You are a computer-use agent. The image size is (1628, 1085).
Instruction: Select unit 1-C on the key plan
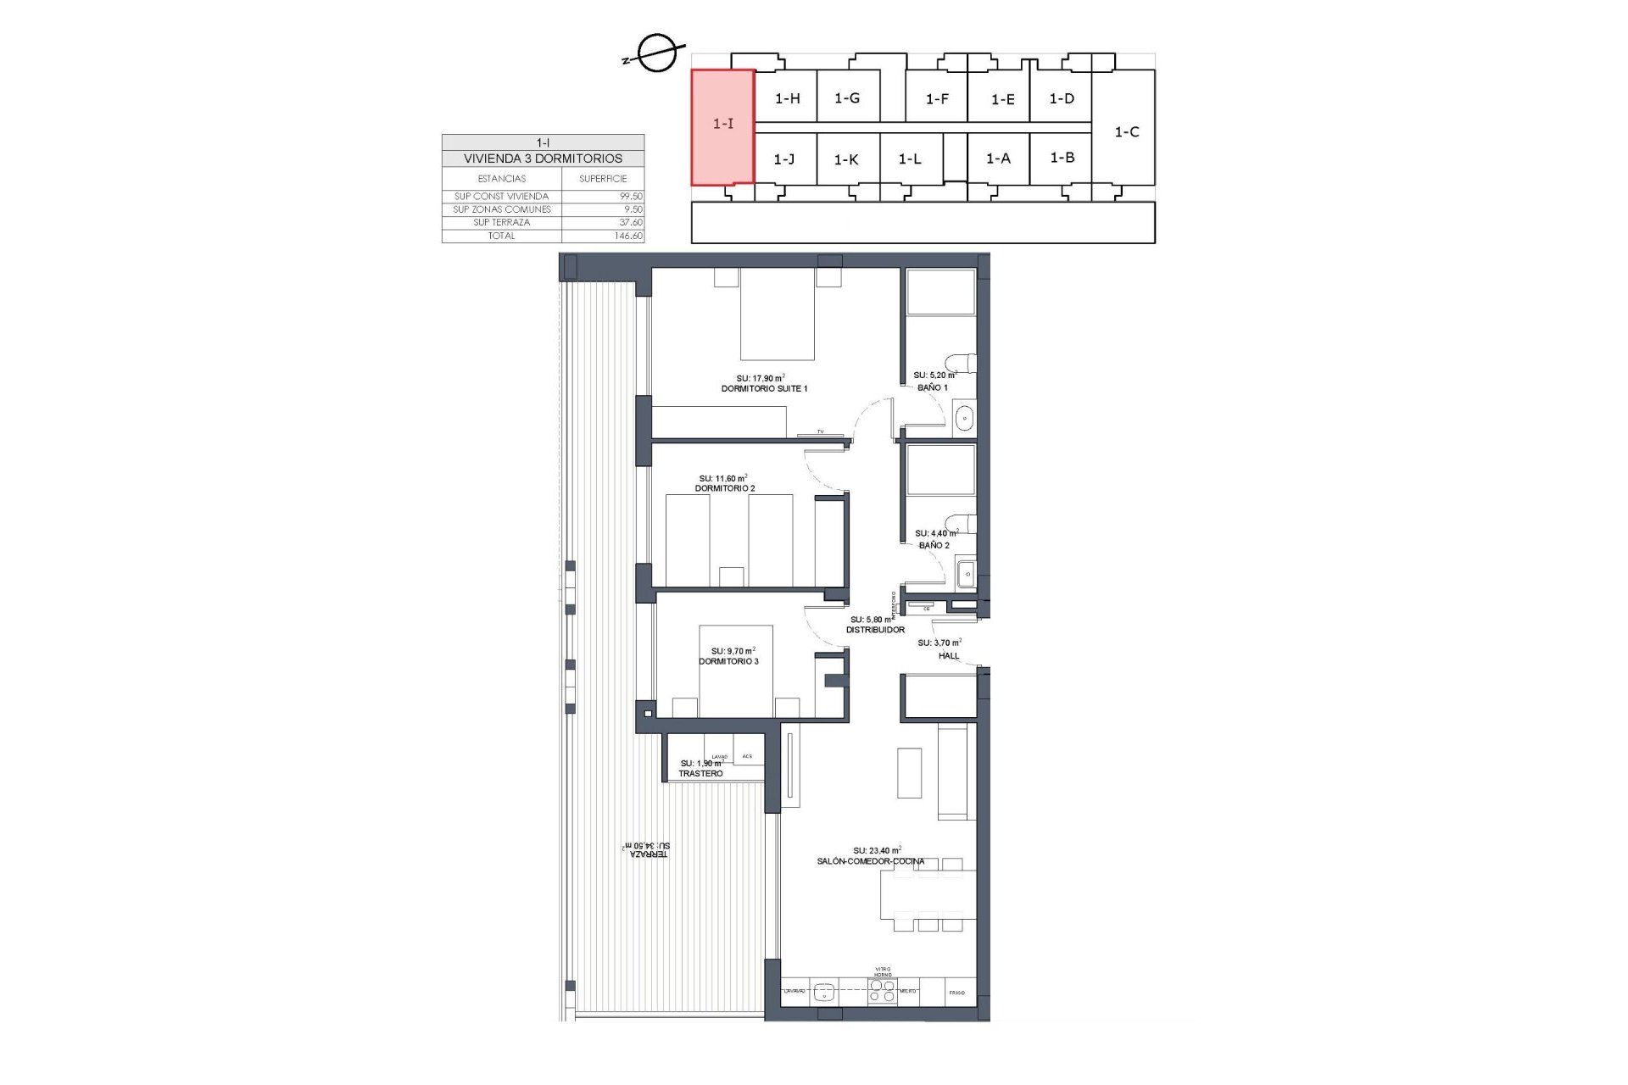coord(1126,131)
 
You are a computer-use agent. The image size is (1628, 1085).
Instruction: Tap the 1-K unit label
coord(846,159)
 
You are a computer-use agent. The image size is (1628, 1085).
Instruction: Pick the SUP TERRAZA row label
coord(501,222)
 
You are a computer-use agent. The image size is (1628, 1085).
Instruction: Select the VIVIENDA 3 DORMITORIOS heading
coord(543,159)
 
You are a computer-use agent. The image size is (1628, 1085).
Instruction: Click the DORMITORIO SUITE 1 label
coord(764,388)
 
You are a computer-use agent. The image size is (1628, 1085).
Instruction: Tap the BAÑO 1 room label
coord(933,387)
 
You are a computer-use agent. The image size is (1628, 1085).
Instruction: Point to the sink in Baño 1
coord(965,417)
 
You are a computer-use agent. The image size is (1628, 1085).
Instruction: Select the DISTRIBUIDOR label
coord(875,630)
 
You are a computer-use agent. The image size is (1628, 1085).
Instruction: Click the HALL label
coord(949,655)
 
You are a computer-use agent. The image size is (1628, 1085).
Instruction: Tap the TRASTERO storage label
coord(700,773)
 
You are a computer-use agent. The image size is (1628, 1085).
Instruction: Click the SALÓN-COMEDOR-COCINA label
coord(870,861)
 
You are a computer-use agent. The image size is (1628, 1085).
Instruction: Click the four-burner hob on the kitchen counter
coord(883,991)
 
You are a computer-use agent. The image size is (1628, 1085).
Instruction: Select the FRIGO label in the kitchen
coord(956,992)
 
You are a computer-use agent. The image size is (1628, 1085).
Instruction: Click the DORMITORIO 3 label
coord(728,661)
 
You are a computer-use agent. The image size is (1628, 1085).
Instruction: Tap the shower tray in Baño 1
coord(940,293)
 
